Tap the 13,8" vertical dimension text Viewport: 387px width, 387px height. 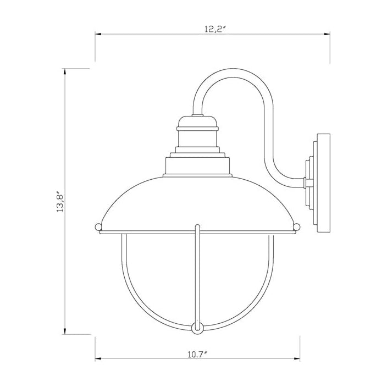point(61,202)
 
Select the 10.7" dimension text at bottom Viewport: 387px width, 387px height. point(197,354)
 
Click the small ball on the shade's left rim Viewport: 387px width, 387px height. point(98,226)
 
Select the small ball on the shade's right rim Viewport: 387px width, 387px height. point(297,226)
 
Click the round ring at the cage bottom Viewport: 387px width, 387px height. point(197,328)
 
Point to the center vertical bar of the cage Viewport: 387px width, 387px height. point(197,275)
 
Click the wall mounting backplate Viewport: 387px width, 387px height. point(323,181)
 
